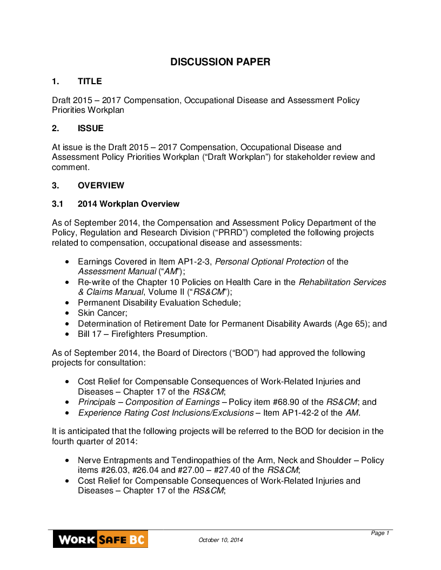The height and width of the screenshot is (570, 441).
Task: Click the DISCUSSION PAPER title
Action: (x=220, y=62)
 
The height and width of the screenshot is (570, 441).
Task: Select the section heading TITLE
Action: (x=90, y=82)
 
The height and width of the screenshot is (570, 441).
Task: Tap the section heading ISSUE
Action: (x=91, y=128)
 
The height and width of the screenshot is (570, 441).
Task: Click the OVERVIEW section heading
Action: (x=101, y=186)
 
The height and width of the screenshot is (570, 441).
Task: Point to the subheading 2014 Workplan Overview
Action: (x=129, y=204)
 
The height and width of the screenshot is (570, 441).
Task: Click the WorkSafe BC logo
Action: (x=101, y=539)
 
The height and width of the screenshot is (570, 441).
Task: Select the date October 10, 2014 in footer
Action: (x=220, y=540)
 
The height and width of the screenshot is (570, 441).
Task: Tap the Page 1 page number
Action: (x=380, y=533)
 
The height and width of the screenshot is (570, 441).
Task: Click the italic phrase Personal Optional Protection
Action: (x=270, y=262)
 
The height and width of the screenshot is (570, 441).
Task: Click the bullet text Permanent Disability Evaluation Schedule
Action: (x=159, y=303)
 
